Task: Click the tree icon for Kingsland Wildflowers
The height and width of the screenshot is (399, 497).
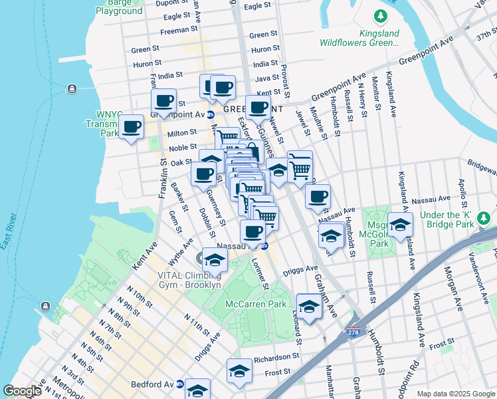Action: point(380,15)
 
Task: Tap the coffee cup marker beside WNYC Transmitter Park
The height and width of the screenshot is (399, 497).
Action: point(131,126)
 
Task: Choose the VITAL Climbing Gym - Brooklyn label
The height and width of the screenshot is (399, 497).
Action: point(189,280)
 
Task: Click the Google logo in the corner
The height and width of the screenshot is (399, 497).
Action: point(22,391)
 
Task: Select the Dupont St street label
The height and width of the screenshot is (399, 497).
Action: point(175,3)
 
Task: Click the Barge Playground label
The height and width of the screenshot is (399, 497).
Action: point(119,7)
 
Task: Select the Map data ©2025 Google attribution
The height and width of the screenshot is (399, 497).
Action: point(455,394)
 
